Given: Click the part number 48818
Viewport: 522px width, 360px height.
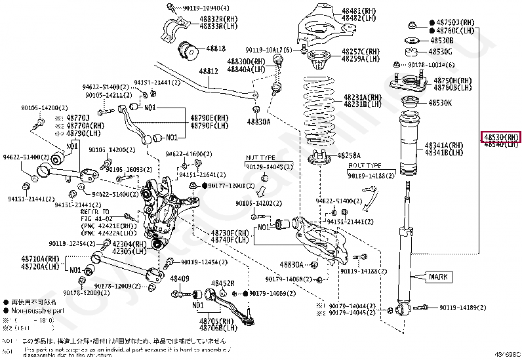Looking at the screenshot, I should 216,49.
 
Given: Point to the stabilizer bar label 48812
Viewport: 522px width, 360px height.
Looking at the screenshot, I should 209,71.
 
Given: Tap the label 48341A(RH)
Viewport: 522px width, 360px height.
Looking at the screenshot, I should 444,145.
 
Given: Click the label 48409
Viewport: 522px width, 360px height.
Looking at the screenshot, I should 179,279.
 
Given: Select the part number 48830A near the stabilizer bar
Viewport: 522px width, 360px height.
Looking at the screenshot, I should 259,121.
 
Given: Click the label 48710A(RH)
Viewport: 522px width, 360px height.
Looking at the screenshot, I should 40,260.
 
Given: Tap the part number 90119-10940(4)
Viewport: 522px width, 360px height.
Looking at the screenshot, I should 195,7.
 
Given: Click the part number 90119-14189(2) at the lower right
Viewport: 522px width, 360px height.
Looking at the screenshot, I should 462,307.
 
